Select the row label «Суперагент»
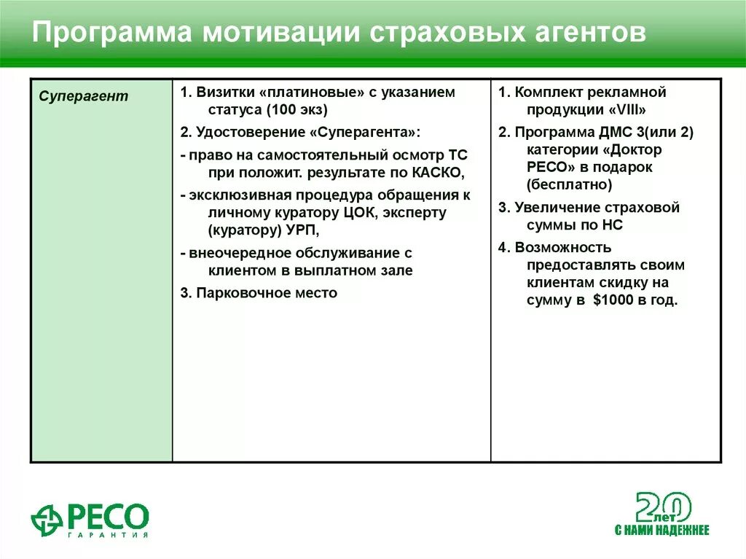coord(83,96)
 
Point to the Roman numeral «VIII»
coord(628,111)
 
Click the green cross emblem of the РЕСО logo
coord(47,519)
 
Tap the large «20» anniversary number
coord(663,507)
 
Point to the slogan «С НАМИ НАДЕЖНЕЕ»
coord(661,530)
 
